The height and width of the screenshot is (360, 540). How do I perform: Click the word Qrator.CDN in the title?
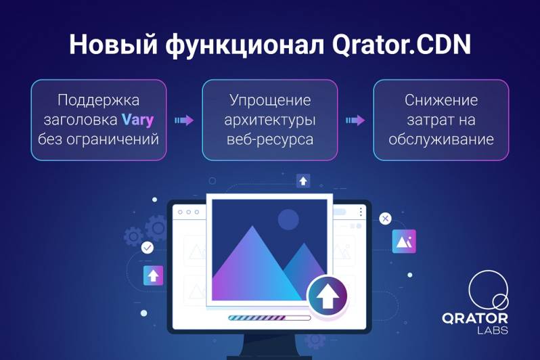coord(401,45)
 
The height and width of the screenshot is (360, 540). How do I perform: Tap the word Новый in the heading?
coord(113,44)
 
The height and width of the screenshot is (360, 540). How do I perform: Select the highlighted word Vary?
coord(138,120)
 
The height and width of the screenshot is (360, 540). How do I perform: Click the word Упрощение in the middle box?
coord(270,101)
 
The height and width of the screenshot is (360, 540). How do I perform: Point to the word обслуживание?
coord(441,139)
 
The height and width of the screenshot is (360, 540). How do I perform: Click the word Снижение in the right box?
coord(441,100)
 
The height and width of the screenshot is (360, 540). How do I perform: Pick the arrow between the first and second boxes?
coord(184,120)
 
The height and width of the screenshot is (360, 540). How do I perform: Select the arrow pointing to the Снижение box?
coord(355,120)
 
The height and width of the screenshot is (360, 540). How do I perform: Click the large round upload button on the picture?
coord(328,296)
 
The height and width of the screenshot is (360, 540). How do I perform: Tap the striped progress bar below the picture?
coord(269,317)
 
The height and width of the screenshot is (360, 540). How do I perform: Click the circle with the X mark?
coord(385,219)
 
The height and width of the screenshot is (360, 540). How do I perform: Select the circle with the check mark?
coord(148,248)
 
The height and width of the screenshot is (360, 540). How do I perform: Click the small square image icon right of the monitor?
coord(404,242)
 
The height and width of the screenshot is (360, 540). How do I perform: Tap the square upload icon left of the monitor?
coord(153,275)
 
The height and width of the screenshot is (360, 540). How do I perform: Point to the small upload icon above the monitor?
coord(303,181)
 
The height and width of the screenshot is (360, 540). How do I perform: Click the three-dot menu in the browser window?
coord(361,212)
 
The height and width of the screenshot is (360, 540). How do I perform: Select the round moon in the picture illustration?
coord(288,219)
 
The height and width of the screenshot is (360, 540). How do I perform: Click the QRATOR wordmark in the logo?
coord(475,318)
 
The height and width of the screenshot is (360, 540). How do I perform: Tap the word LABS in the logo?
coord(493,330)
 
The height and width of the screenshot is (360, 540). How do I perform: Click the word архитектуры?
coord(270,120)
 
